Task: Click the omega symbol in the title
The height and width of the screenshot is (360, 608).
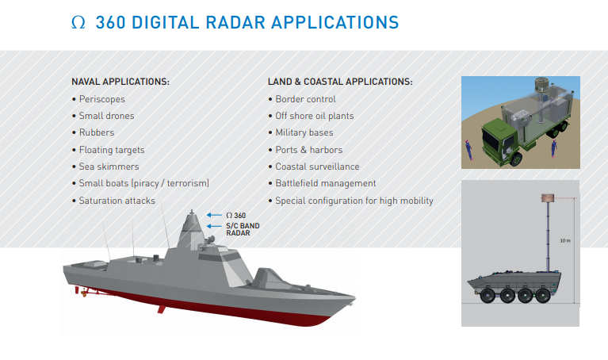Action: tap(77, 23)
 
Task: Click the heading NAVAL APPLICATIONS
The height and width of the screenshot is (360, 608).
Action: tap(120, 82)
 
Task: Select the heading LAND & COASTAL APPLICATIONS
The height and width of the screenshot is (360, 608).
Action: tap(340, 82)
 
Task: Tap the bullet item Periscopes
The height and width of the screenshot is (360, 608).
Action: tap(101, 99)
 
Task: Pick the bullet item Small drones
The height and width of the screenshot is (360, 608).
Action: tap(105, 116)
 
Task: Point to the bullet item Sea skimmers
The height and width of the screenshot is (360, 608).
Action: tap(109, 167)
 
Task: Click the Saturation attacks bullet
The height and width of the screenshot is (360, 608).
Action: tap(117, 201)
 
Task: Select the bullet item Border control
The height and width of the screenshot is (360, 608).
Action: tap(305, 99)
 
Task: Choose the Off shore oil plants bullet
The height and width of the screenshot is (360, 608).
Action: tap(314, 116)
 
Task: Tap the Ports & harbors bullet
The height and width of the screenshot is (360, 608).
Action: tap(308, 150)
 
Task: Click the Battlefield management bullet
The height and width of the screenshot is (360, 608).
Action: tap(325, 183)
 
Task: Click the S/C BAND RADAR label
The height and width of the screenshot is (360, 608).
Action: tap(243, 230)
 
